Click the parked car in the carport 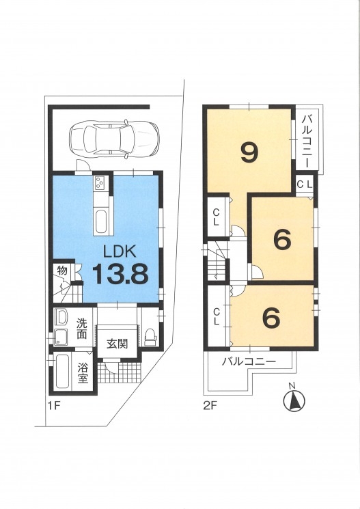[115, 139]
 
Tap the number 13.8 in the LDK [121, 273]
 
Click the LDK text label [120, 251]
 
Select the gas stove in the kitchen [99, 184]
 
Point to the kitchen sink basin [101, 222]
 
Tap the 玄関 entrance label [117, 344]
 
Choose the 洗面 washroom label [82, 329]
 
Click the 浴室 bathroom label [83, 372]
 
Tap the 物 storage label [62, 270]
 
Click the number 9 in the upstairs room [249, 153]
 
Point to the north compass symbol [294, 398]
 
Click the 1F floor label [54, 406]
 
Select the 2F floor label [210, 406]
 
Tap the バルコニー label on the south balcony [249, 361]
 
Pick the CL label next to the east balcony [305, 185]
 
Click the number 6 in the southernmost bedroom [271, 318]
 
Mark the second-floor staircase [216, 261]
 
